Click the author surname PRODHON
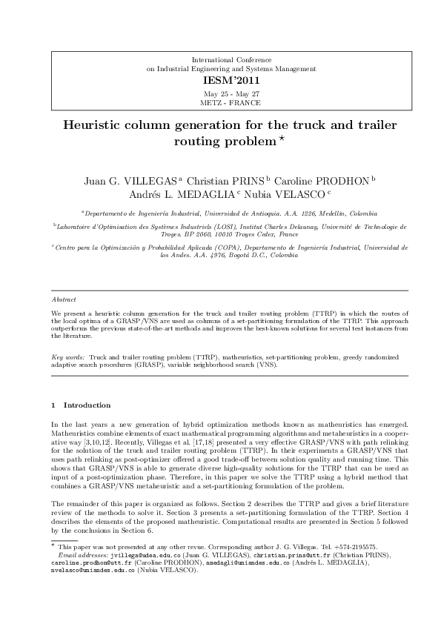(x=342, y=180)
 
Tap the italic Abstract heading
(x=64, y=300)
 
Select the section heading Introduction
(x=87, y=405)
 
